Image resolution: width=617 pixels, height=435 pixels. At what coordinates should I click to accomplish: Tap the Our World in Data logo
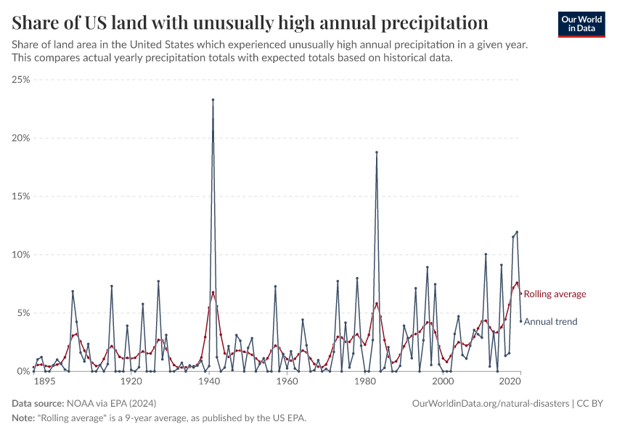point(581,24)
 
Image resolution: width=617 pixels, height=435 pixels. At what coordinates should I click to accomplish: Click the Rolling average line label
point(555,294)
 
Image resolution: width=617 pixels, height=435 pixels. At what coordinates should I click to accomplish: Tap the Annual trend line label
point(550,322)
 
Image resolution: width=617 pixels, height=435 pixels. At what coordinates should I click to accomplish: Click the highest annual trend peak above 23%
point(213,100)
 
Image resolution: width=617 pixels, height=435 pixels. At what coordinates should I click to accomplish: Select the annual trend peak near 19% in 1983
point(377,152)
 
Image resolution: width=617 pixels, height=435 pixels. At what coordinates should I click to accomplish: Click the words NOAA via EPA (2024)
point(111,403)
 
